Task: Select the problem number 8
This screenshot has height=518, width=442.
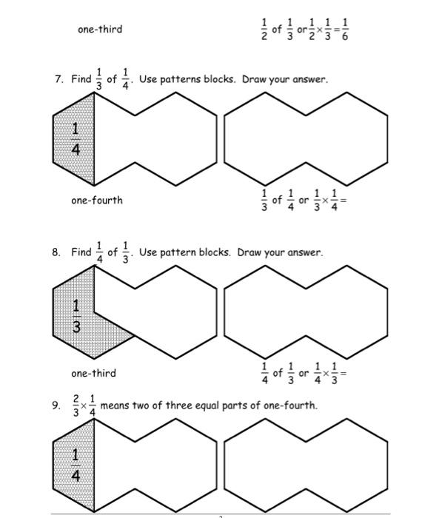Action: pos(56,252)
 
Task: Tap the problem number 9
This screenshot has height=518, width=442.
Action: pos(56,406)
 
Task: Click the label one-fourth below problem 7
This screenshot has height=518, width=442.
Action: pos(97,201)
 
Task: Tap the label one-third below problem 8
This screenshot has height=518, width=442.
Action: pos(93,373)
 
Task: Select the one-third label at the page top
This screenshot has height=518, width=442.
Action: pos(100,30)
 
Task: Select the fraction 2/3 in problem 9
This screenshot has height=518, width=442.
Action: pos(76,406)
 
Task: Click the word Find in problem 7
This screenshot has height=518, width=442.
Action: pos(81,79)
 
